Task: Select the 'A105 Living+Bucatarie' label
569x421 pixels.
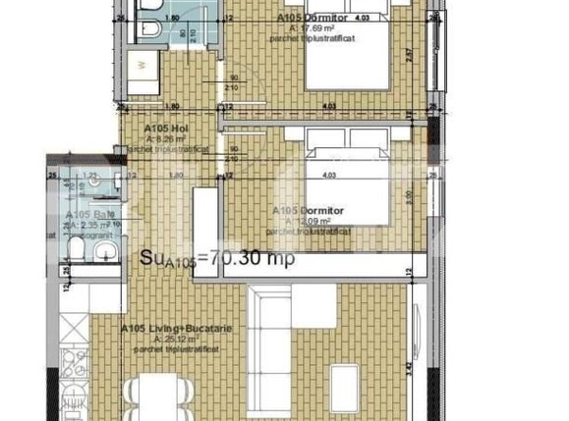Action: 176,330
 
